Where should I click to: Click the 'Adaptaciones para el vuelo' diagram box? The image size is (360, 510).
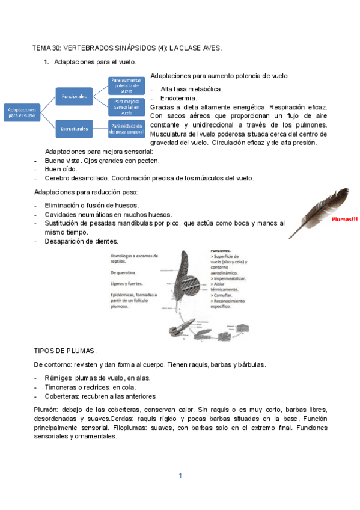point(22,112)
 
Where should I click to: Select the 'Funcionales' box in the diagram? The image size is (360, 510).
point(74,96)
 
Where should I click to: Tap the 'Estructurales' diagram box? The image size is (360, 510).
point(74,127)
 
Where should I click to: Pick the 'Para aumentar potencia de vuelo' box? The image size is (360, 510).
point(126,85)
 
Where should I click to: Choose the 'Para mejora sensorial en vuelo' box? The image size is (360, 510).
point(126,107)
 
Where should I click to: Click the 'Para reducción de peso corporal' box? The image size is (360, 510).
point(126,127)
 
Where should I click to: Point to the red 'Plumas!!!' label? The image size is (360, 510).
point(344,220)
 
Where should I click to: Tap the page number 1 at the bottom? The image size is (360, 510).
point(180,475)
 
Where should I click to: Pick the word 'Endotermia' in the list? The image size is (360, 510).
point(178,98)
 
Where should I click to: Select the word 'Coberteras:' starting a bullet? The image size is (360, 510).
point(63,396)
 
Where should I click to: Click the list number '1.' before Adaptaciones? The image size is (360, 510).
point(46,62)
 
